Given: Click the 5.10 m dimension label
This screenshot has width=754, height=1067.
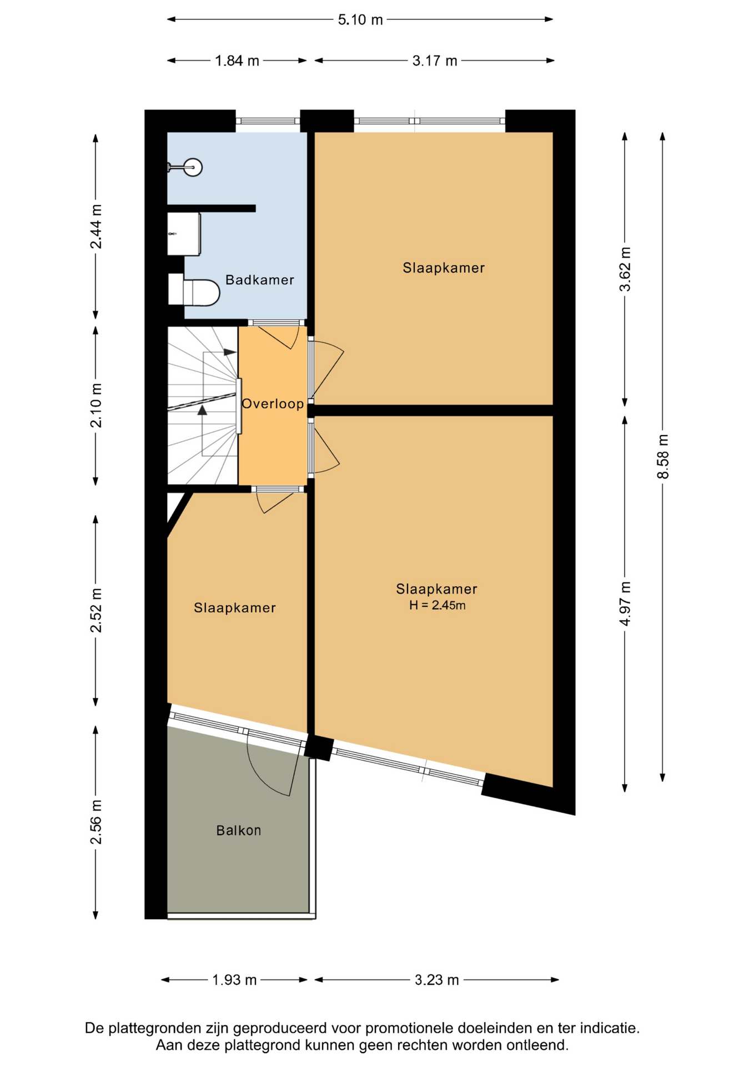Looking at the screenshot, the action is [360, 19].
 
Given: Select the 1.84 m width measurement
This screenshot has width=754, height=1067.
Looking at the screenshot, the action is [237, 61].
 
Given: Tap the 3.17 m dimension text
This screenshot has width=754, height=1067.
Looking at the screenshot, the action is [435, 61].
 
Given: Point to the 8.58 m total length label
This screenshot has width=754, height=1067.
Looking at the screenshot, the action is [663, 456].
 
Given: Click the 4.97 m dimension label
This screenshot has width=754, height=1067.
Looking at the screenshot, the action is [625, 604].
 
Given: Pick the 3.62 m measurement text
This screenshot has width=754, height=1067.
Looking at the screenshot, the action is [625, 269].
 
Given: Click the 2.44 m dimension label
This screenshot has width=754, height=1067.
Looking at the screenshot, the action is [96, 227].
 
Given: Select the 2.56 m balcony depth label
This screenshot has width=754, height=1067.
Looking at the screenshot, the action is [96, 822].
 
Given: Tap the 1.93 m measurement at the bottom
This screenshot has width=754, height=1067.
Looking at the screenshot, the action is [234, 980].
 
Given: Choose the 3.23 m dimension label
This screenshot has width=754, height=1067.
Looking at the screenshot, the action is [437, 980].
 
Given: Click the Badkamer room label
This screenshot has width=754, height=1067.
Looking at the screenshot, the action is [260, 280].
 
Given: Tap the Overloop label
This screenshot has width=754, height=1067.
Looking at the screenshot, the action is [273, 403].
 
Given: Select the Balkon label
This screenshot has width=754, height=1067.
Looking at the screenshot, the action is [239, 830].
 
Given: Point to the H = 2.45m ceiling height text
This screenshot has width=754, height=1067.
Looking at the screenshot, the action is [438, 605].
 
